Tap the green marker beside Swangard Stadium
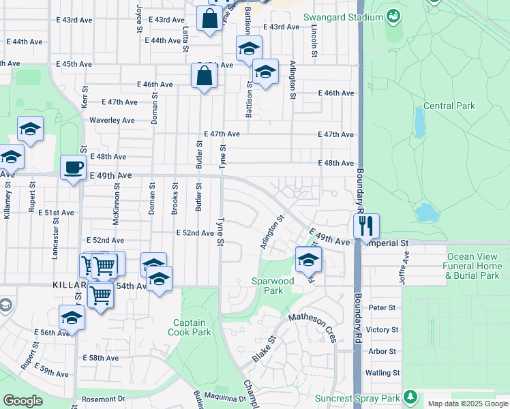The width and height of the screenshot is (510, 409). [x=393, y=15]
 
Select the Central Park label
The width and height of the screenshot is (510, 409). [x=449, y=106]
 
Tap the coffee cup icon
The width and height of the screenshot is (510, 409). [x=73, y=167]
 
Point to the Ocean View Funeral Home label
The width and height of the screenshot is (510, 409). [x=471, y=266]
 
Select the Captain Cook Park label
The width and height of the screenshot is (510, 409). [x=192, y=327]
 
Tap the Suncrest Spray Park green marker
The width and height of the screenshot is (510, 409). [x=410, y=397]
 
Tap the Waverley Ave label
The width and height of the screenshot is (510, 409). [x=112, y=120]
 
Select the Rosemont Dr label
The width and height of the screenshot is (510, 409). [x=104, y=399]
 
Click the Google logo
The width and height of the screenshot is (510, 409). [x=22, y=401]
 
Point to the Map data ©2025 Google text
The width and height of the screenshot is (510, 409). [x=467, y=404]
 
